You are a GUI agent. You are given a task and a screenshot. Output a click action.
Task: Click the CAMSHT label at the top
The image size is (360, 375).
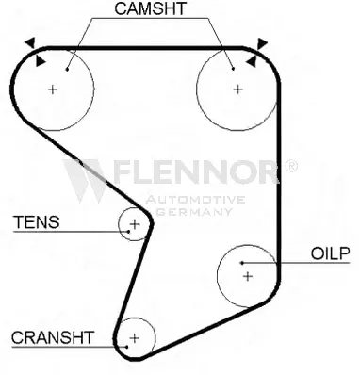150,8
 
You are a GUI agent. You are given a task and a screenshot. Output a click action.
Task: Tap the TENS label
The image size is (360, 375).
36,222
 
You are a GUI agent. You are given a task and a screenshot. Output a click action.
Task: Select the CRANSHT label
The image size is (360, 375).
53,337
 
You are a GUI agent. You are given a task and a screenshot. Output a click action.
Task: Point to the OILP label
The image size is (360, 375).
330,253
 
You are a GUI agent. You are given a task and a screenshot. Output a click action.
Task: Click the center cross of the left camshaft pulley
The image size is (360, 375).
53,90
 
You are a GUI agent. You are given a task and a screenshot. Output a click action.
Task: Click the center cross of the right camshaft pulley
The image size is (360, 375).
238,90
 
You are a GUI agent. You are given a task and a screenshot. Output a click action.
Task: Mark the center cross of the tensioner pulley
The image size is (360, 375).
135,224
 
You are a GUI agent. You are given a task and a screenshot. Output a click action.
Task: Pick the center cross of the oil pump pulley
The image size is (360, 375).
248,276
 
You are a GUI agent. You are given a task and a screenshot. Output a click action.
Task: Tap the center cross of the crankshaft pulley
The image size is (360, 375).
135,338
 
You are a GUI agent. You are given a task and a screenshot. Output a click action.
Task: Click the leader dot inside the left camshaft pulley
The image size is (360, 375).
67,69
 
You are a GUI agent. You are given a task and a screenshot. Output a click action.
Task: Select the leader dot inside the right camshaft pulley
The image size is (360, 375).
233,69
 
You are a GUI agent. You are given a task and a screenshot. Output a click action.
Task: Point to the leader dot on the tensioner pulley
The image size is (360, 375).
128,232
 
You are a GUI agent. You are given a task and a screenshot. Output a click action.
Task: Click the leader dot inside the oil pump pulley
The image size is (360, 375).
242,263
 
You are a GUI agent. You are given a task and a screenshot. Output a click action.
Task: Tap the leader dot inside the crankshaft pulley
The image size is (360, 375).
126,347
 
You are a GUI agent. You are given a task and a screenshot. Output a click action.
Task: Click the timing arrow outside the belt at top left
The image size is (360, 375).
30,42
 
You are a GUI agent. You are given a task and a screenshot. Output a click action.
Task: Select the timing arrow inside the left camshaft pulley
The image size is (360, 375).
40,61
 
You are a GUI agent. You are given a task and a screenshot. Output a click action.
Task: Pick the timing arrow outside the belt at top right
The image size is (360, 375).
262,43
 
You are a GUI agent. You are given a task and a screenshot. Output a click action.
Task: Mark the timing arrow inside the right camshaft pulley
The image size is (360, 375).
252,62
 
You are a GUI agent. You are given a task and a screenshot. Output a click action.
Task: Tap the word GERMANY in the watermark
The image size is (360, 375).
194,212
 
